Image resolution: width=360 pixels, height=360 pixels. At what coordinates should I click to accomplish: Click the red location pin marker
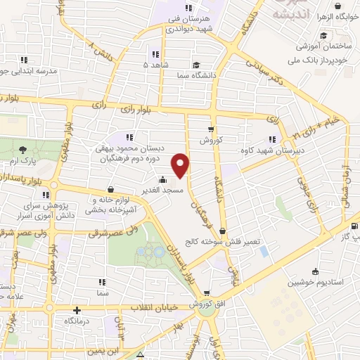(182, 165)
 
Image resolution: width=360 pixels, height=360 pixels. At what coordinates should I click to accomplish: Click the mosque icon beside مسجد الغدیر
(163, 179)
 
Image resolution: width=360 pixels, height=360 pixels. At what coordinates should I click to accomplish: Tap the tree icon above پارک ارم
(23, 149)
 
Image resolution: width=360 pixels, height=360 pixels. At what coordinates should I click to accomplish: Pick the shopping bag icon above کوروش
(211, 129)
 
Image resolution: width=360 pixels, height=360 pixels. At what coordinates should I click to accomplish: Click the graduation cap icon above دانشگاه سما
(195, 63)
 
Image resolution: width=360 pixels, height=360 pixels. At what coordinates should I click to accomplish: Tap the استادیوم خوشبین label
(313, 283)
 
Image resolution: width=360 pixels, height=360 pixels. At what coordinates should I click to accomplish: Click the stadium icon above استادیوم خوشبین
(314, 271)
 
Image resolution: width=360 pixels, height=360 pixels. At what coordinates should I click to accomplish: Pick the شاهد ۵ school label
(156, 65)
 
